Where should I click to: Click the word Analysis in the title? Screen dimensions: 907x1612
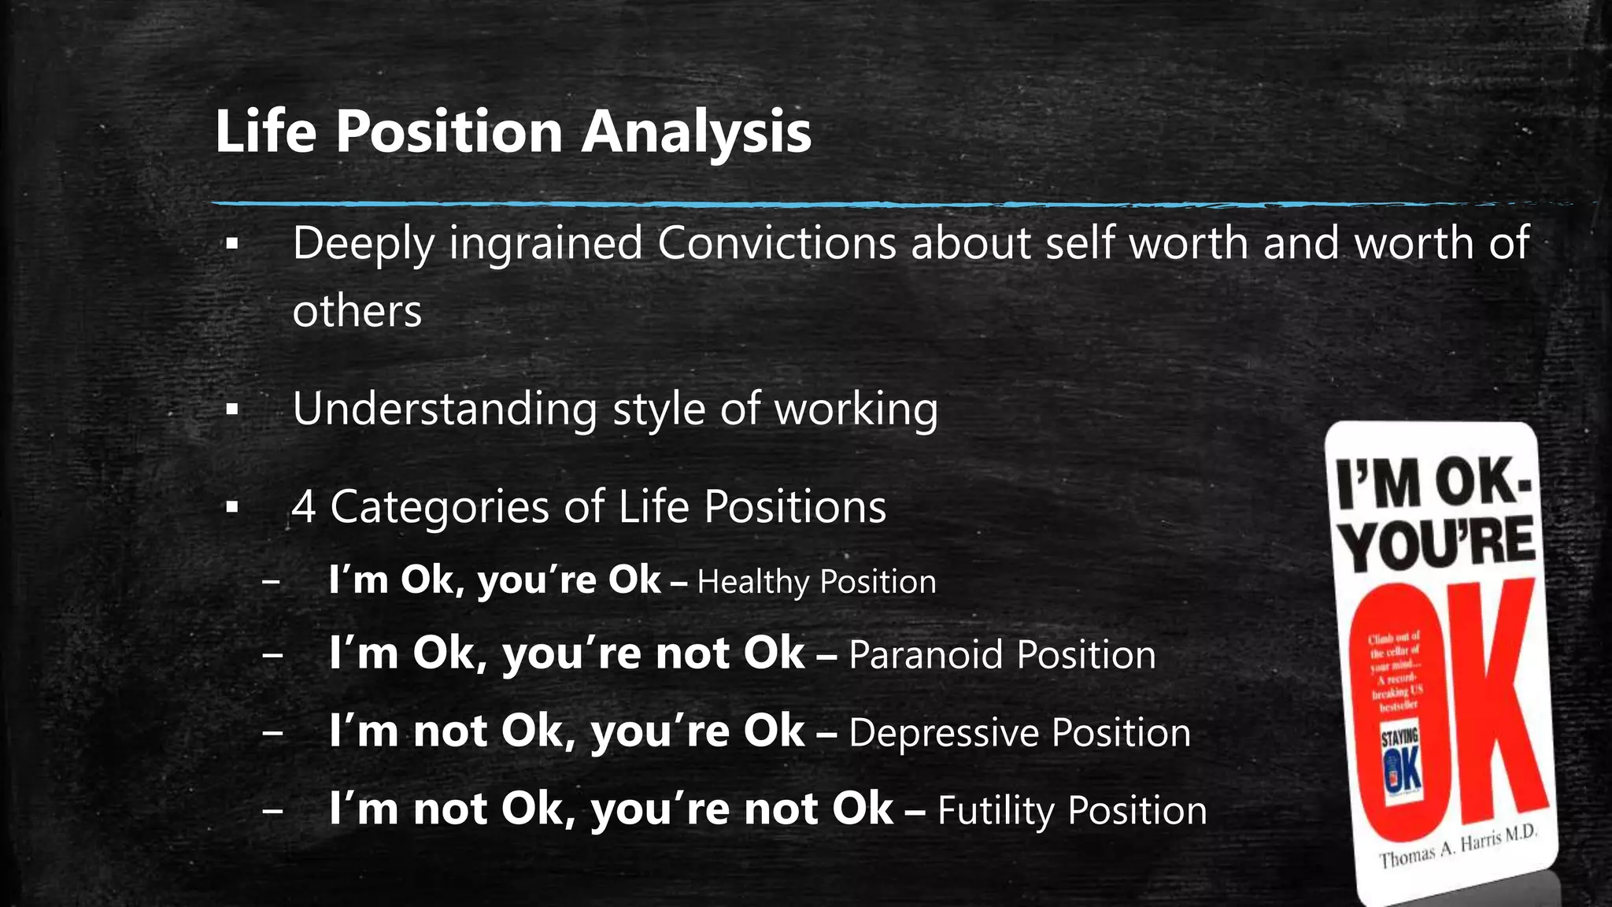pyautogui.click(x=696, y=131)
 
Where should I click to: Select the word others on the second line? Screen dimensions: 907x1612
pyautogui.click(x=357, y=311)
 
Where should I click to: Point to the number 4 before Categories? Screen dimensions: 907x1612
pyautogui.click(x=304, y=506)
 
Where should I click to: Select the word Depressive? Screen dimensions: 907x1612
pyautogui.click(x=943, y=732)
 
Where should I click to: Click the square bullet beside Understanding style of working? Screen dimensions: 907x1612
pyautogui.click(x=231, y=410)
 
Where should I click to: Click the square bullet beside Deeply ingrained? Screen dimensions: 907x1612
pyautogui.click(x=231, y=245)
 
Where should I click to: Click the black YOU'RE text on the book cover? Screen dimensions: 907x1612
pyautogui.click(x=1437, y=543)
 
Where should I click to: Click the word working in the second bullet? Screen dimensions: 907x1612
pyautogui.click(x=856, y=409)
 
